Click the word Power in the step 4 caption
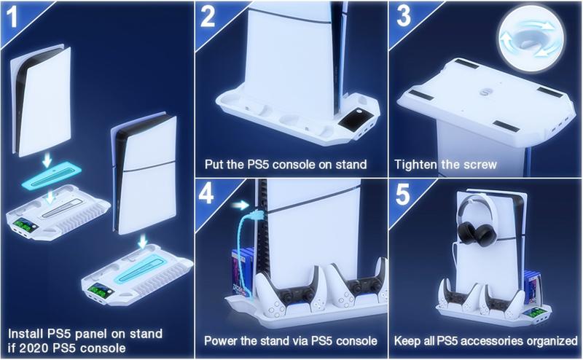[222, 340]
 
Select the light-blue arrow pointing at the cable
[237, 206]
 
